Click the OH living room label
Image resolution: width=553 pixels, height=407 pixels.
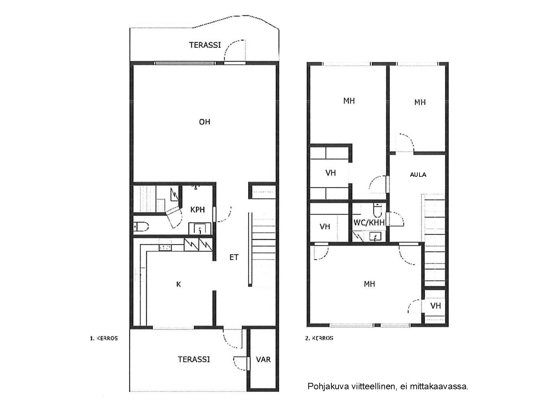(x=205, y=122)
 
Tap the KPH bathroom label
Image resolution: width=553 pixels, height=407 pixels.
(x=197, y=210)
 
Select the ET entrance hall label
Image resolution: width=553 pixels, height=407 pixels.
(x=234, y=258)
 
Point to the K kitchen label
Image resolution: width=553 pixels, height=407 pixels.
(x=179, y=285)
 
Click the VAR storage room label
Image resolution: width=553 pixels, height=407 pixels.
(x=263, y=360)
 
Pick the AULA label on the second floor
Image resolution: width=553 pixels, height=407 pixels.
(x=418, y=175)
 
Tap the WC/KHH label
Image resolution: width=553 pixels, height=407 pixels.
(x=369, y=223)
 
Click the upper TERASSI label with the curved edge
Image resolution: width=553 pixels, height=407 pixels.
(x=205, y=45)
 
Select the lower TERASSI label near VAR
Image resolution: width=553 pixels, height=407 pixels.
(x=194, y=360)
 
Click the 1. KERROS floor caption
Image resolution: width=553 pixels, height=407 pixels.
(x=104, y=339)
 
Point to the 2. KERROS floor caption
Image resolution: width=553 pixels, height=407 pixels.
(x=319, y=338)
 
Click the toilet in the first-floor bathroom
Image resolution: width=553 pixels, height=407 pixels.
(x=141, y=226)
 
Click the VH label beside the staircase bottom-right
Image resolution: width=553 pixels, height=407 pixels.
(x=435, y=306)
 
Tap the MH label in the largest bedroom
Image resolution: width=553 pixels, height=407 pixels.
(x=369, y=284)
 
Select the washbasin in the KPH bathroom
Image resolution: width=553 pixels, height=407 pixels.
(x=200, y=229)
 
